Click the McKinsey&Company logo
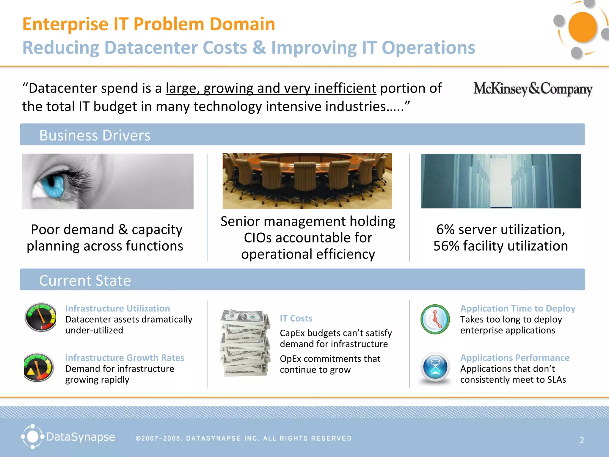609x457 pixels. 533,89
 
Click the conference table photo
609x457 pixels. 307,181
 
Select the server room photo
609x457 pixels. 500,181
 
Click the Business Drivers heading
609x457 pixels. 95,135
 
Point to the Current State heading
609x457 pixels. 85,280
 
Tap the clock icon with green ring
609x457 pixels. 435,319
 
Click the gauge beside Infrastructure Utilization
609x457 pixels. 41,317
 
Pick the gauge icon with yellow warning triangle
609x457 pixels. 38,367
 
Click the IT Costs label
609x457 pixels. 296,318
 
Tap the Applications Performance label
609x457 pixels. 515,358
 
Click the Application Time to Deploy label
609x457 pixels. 518,308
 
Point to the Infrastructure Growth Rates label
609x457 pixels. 125,358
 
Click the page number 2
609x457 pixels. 582,440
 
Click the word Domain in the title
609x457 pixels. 242,24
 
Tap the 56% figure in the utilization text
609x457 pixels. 446,246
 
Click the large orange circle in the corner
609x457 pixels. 582,27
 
